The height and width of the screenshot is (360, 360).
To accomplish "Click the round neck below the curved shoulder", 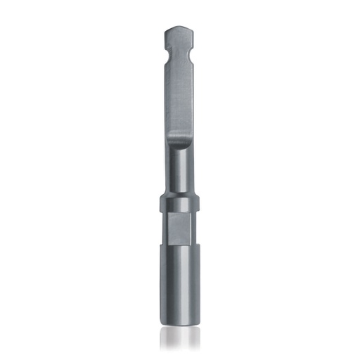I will (x=179, y=169).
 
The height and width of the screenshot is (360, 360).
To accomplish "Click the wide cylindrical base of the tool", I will (x=179, y=281).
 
